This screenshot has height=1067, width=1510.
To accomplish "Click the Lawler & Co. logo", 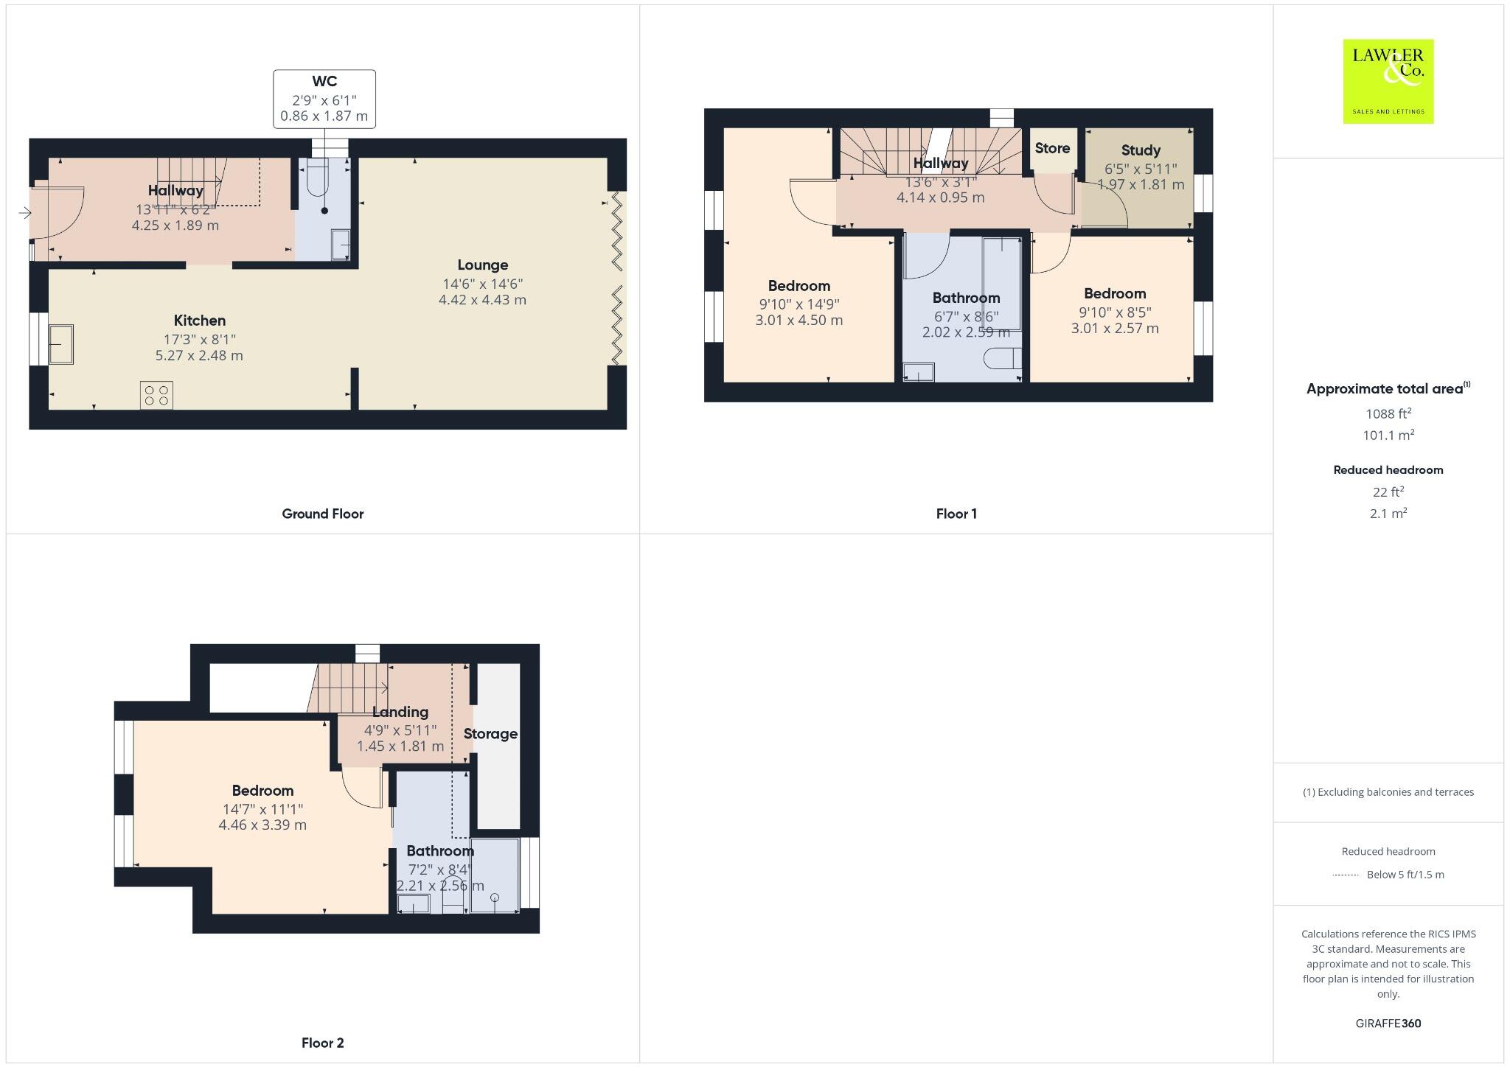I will tap(1388, 81).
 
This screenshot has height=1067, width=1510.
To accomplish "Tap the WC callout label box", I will tap(324, 99).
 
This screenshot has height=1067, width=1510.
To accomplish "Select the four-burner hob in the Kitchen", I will tap(156, 395).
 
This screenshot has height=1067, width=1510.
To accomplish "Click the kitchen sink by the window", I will tap(60, 344).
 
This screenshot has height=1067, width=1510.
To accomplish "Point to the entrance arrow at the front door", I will tap(24, 213).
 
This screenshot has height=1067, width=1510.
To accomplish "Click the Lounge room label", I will tap(482, 265).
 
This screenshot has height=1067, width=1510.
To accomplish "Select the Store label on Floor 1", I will tap(1052, 148).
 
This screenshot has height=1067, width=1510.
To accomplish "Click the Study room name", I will tap(1140, 150).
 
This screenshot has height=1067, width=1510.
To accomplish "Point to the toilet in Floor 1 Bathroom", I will tap(1001, 358).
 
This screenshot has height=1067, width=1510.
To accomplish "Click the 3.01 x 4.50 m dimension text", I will tap(799, 321).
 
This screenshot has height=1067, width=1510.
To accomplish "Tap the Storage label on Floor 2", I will tap(490, 734).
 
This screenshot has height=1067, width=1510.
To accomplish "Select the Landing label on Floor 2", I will tap(400, 712).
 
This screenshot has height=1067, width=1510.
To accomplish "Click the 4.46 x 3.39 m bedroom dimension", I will tap(262, 825).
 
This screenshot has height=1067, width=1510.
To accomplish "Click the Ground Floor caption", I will tap(322, 514).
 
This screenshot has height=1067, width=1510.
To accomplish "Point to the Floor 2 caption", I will tap(322, 1043).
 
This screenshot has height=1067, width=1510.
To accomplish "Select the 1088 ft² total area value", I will tap(1388, 413).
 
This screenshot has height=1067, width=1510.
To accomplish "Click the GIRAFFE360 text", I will tap(1388, 1024).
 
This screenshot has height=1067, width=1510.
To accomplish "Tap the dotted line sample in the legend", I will tap(1346, 875).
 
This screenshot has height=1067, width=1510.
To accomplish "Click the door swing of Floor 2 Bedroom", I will tap(362, 788).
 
